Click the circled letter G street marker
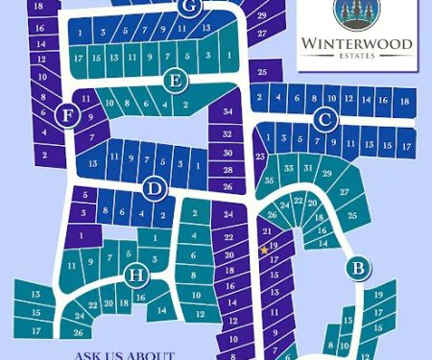click(x=188, y=7)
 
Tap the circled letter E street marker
click(x=174, y=82)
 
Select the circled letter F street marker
click(x=67, y=115)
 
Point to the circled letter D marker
click(x=153, y=189)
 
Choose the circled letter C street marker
click(x=325, y=119)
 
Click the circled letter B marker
click(x=357, y=268)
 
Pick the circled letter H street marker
click(x=135, y=276)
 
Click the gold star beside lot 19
click(x=264, y=251)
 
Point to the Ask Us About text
click(x=125, y=354)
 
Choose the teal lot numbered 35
click(x=270, y=180)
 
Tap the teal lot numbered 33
click(x=287, y=168)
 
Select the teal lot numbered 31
click(x=307, y=169)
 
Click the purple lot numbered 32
click(x=228, y=135)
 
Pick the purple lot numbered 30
click(x=228, y=153)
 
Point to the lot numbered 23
click(x=259, y=156)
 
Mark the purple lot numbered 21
click(x=268, y=233)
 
